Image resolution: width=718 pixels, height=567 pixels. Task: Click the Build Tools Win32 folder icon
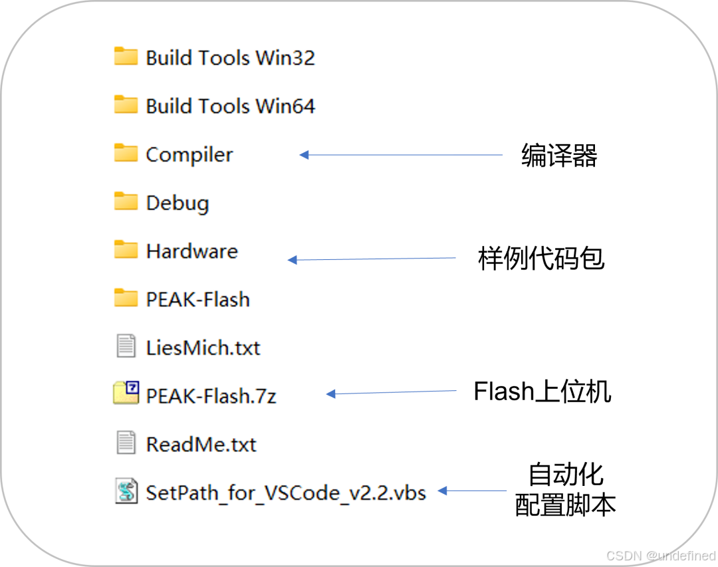pos(125,57)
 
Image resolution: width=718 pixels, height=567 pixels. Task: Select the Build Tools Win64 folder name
pos(230,106)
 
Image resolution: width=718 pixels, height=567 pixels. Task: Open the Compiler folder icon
pos(125,154)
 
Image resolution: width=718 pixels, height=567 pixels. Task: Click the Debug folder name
pos(178,203)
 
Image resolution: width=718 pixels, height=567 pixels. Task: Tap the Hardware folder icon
pos(125,250)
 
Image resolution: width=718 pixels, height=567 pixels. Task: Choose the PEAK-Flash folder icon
pos(125,298)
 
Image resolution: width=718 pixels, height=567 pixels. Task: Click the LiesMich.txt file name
pos(203,348)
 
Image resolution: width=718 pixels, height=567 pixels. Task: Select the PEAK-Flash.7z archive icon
pos(126,394)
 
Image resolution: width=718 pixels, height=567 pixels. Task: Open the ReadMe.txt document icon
pos(126,443)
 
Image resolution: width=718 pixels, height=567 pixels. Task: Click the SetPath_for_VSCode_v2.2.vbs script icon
pos(126,491)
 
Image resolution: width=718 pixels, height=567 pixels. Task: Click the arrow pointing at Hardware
pos(372,259)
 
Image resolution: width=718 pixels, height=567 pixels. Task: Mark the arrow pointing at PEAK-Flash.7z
pos(392,393)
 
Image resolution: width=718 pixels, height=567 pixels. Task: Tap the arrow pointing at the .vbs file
pos(472,491)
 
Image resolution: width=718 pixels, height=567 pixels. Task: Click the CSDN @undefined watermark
pos(659,554)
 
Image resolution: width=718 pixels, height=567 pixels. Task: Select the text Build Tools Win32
pos(230,58)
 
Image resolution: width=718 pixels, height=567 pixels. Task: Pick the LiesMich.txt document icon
pos(126,346)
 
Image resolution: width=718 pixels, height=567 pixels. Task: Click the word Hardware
pos(191,251)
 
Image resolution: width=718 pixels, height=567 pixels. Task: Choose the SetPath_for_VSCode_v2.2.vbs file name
pos(286,493)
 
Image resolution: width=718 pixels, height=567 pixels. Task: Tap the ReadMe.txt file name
pos(201,444)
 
